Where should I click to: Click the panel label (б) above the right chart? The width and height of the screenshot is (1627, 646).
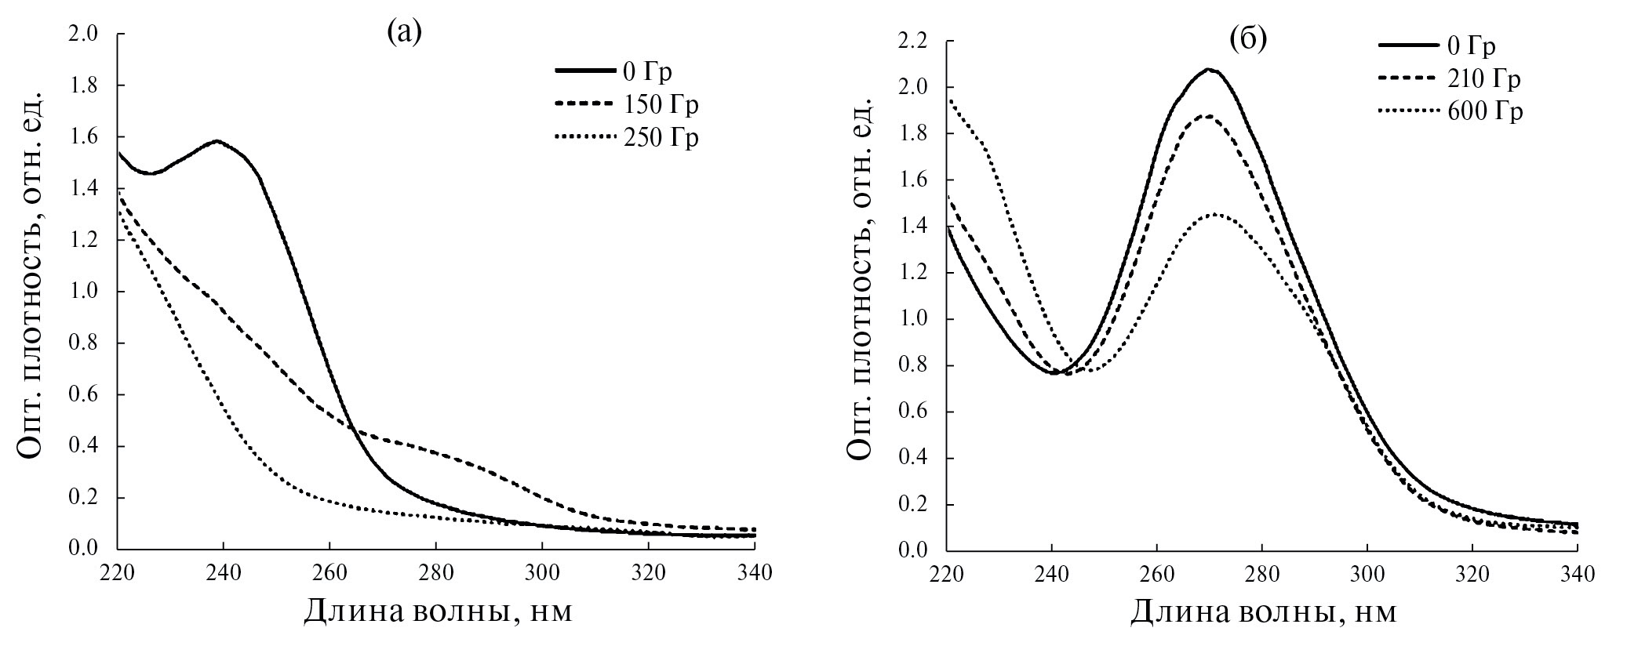pos(1248,39)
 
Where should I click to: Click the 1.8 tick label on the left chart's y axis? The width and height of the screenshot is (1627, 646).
pos(86,85)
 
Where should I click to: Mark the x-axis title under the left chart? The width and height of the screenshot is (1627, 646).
pos(438,612)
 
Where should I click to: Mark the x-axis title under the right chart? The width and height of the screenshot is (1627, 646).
pos(1263,612)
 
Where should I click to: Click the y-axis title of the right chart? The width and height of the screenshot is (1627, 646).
pos(861,290)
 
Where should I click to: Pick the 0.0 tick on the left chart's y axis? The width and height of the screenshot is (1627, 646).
pos(86,549)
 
